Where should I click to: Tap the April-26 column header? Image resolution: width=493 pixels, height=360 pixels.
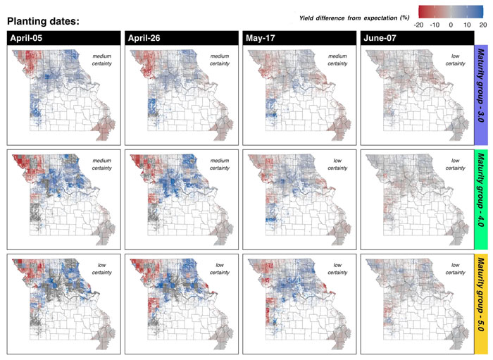[x=144, y=38]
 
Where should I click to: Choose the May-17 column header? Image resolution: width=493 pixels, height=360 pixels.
[x=260, y=38]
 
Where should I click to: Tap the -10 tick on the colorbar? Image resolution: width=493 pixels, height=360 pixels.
[x=437, y=23]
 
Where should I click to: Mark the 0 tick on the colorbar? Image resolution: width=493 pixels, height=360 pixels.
[x=453, y=23]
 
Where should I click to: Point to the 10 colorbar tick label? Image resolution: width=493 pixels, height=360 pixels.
[x=468, y=23]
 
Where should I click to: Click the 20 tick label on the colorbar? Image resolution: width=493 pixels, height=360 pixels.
[x=483, y=23]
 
